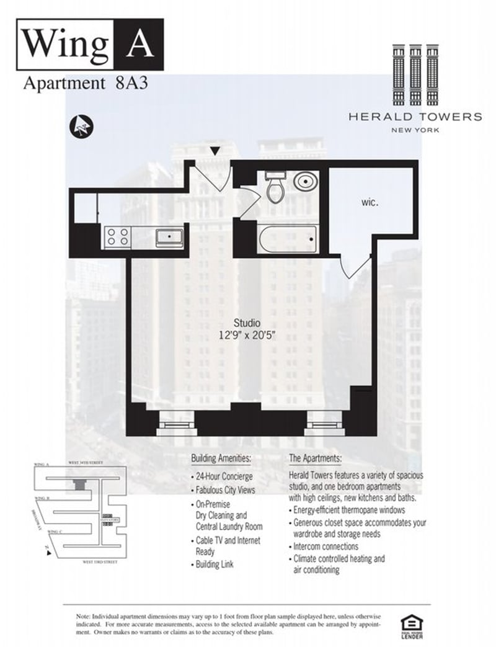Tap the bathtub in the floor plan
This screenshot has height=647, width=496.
click(x=288, y=239)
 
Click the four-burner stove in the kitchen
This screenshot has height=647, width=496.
click(x=118, y=236)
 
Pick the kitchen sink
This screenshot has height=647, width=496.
click(x=169, y=236)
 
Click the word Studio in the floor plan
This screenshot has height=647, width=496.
click(x=246, y=323)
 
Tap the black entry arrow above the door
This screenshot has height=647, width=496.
click(x=215, y=151)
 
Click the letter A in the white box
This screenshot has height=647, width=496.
click(x=140, y=43)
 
